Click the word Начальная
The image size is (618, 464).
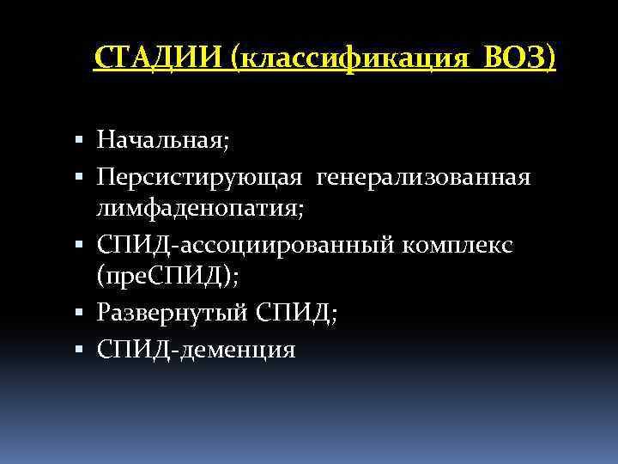click(x=160, y=139)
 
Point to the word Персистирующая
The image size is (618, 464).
click(x=199, y=178)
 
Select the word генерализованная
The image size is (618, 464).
click(x=424, y=178)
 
